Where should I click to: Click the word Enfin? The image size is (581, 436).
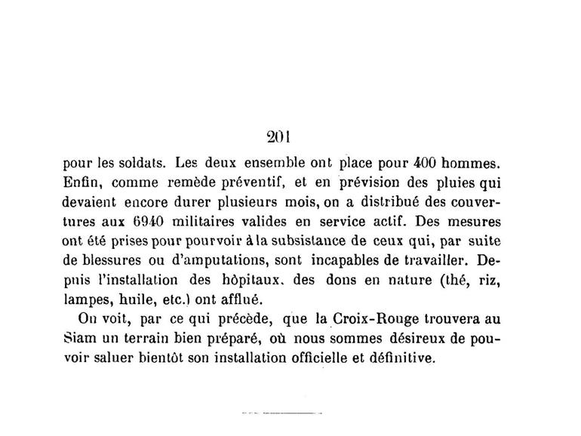click(x=81, y=182)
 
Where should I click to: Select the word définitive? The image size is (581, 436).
click(x=400, y=359)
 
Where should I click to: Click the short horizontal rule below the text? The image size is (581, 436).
click(x=281, y=414)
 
